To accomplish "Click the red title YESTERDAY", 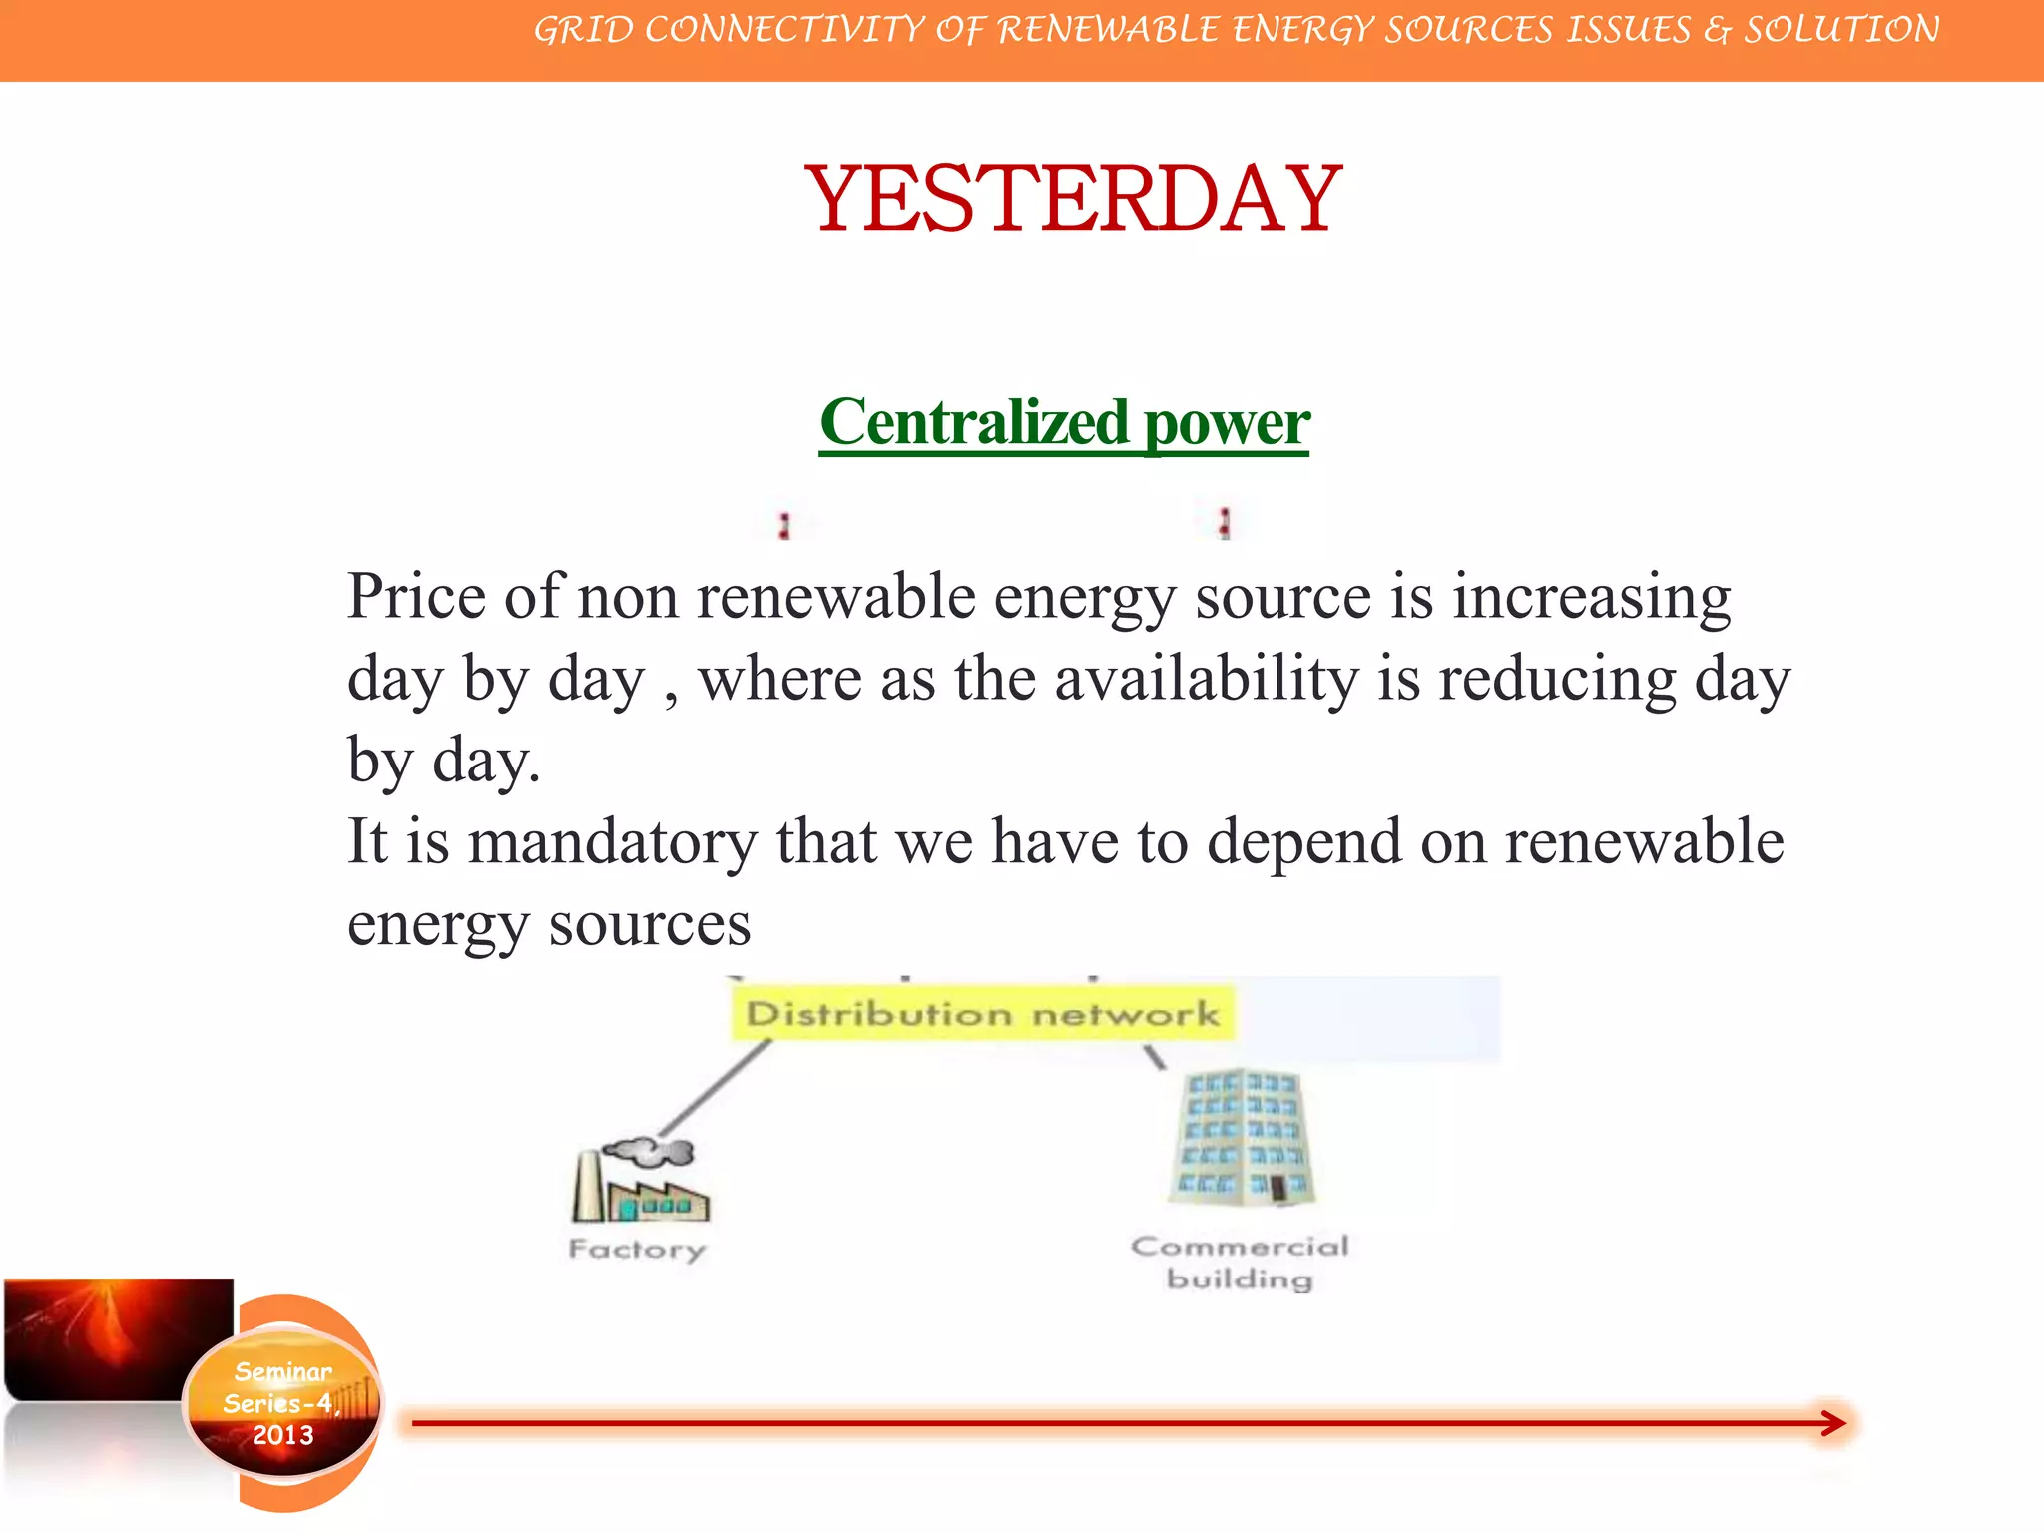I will (x=1073, y=199).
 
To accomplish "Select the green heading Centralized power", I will (x=1064, y=423).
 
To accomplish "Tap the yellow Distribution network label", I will (x=982, y=1014).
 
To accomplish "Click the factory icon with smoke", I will (x=640, y=1187).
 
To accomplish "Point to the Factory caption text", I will (x=637, y=1249).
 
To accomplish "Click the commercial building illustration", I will (x=1242, y=1138).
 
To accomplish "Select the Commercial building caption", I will (x=1240, y=1263).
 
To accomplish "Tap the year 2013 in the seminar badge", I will (x=282, y=1435).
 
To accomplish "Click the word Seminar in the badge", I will (x=282, y=1372).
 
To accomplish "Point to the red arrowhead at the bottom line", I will (x=1833, y=1423).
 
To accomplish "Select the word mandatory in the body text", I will (x=612, y=841).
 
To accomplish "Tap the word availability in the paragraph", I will (x=1207, y=679).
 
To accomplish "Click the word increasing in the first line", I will (x=1591, y=597).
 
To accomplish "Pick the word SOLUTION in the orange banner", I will (x=1841, y=30).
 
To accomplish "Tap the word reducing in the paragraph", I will (x=1557, y=679).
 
